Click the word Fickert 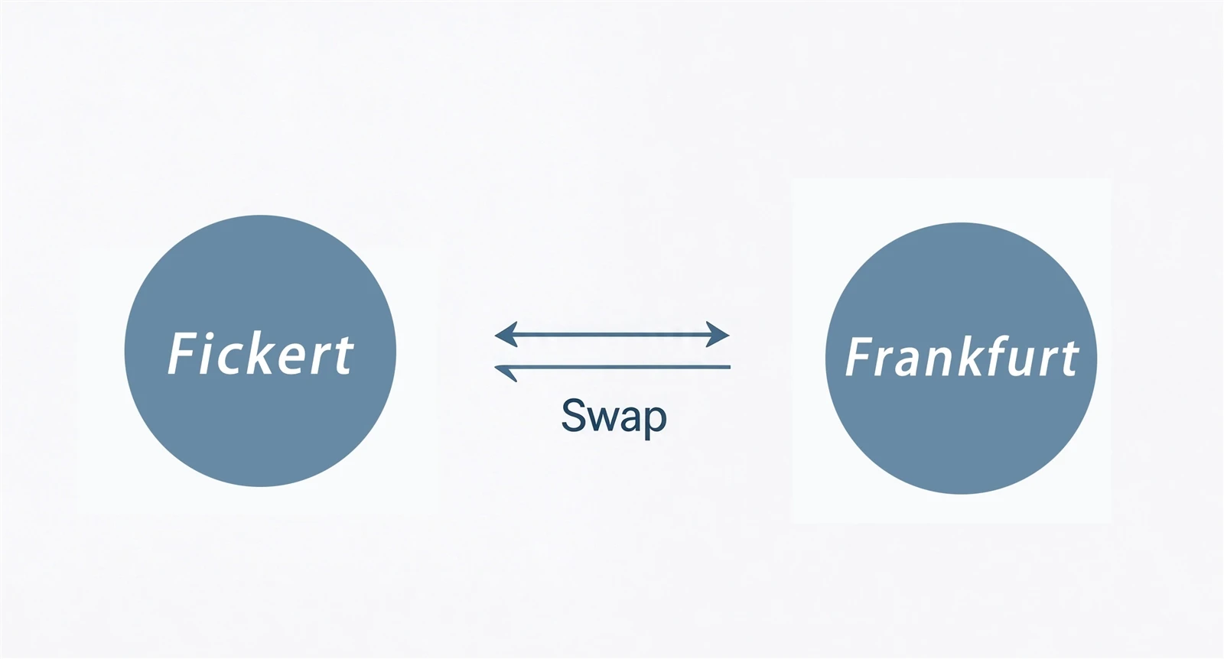[261, 354]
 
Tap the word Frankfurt [962, 356]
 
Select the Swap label [614, 417]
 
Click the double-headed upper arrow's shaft [612, 334]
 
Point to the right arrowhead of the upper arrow [718, 334]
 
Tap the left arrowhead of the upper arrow [506, 334]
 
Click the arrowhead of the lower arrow [506, 372]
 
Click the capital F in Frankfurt [859, 356]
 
